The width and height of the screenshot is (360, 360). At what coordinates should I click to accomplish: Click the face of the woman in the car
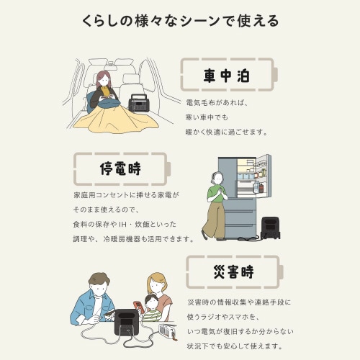104,78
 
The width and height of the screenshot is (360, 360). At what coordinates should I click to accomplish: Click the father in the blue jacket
94,306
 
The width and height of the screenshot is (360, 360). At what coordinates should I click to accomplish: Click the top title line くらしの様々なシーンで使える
180,20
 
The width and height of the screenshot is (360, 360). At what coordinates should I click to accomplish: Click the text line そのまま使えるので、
108,210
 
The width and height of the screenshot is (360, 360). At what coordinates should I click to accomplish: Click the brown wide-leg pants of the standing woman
214,220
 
